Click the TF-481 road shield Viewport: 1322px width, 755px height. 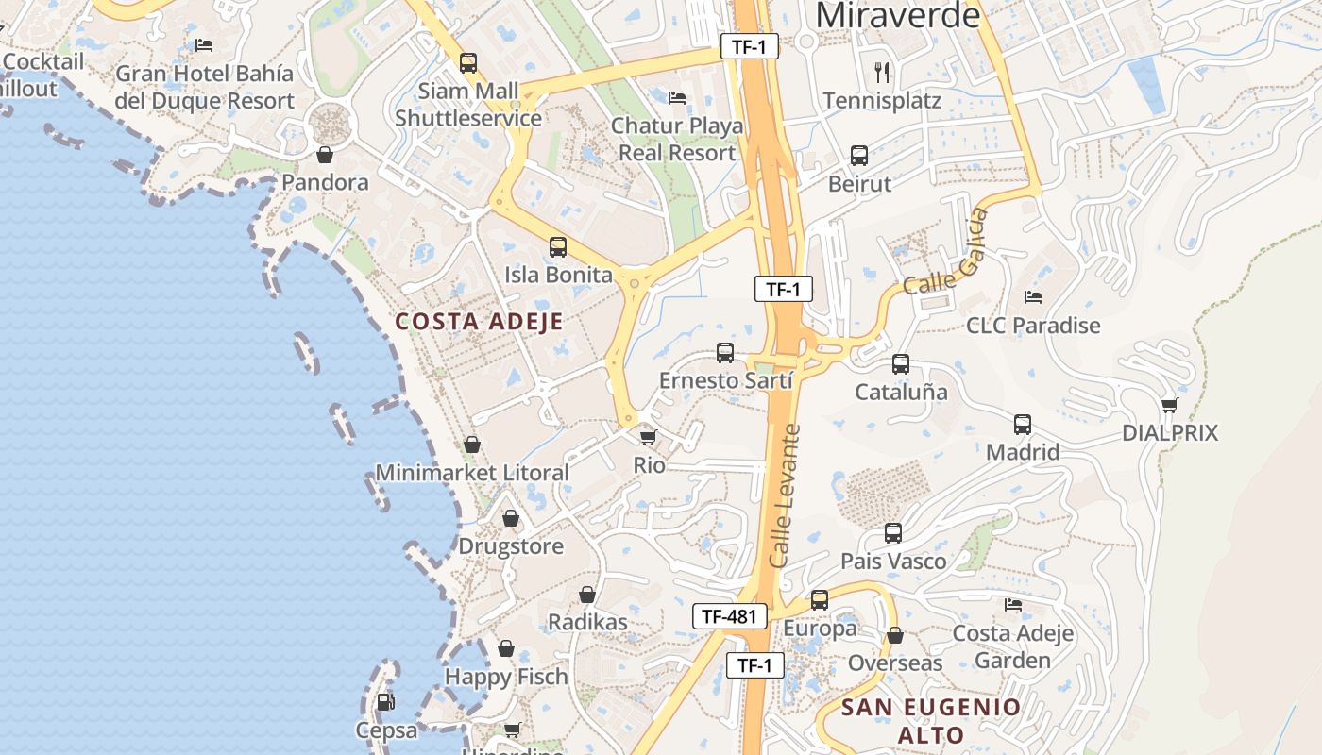tap(729, 617)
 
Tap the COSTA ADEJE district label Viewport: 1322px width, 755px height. tap(479, 321)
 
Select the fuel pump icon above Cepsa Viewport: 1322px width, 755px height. tap(385, 702)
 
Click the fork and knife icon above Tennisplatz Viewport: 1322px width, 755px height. tap(882, 72)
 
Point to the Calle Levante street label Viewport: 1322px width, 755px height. tap(786, 496)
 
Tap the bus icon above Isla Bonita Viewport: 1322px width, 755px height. tap(558, 247)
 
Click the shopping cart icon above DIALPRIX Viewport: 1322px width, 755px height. tap(1170, 405)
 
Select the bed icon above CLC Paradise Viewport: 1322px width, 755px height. tap(1033, 297)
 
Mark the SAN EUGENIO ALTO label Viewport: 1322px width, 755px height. tap(931, 721)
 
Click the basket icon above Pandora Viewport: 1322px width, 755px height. tap(325, 155)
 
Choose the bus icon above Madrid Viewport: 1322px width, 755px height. tap(1023, 425)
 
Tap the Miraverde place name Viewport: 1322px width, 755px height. tap(898, 15)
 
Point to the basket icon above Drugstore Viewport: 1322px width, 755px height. tap(511, 518)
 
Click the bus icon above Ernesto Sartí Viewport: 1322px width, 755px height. tap(725, 353)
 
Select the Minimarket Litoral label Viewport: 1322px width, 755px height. tap(472, 473)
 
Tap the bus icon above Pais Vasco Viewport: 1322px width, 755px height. tap(893, 533)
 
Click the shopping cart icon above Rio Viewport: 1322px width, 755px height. tap(648, 437)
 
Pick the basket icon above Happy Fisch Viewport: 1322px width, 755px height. tap(506, 648)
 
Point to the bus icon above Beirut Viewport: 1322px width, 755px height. tap(859, 156)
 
